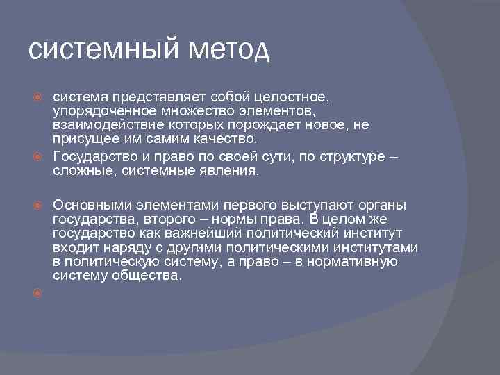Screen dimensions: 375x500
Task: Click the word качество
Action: click(219, 138)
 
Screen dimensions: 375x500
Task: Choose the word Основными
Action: click(90, 205)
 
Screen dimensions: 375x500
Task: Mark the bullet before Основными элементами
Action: click(40, 206)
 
